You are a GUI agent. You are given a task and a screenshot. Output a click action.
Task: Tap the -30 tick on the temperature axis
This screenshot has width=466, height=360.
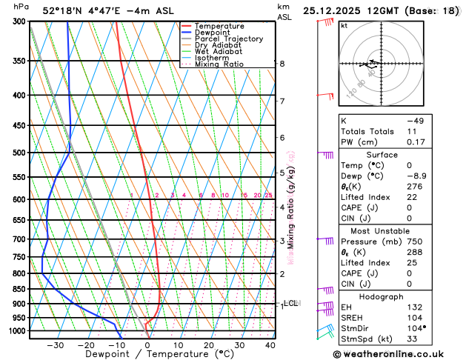[x=55, y=345]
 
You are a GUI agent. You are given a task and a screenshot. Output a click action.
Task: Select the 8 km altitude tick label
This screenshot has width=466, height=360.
[x=282, y=64]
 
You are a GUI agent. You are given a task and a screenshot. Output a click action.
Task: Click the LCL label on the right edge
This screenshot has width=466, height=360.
[x=291, y=303]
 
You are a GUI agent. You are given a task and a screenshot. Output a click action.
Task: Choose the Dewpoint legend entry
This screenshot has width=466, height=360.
[x=215, y=33]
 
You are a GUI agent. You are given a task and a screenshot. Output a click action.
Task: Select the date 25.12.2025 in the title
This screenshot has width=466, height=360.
[x=334, y=11]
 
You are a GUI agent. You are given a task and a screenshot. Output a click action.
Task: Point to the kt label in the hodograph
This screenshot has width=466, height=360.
[x=344, y=25]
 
